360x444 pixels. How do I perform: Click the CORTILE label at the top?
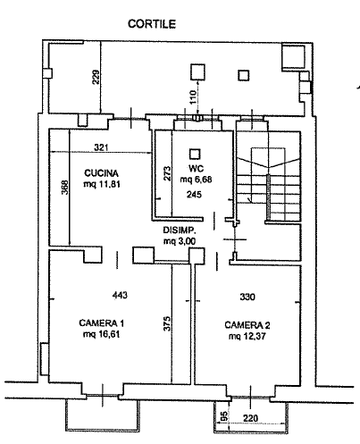pyautogui.click(x=152, y=23)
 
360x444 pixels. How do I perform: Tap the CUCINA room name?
pyautogui.click(x=101, y=173)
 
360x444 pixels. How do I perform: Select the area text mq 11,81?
pyautogui.click(x=102, y=184)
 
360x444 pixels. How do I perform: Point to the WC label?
pyautogui.click(x=196, y=169)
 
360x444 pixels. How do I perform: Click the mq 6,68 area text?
pyautogui.click(x=196, y=180)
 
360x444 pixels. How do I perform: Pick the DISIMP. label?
pyautogui.click(x=180, y=230)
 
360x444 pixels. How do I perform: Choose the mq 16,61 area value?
pyautogui.click(x=102, y=334)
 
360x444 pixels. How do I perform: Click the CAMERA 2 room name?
pyautogui.click(x=247, y=325)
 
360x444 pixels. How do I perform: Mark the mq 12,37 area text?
pyautogui.click(x=247, y=336)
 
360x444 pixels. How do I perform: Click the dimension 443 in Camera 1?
pyautogui.click(x=120, y=295)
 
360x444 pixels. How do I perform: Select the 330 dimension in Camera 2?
pyautogui.click(x=247, y=297)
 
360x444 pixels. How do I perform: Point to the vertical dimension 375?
pyautogui.click(x=167, y=323)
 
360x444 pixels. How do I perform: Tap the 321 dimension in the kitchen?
pyautogui.click(x=101, y=147)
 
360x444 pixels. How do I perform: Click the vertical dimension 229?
pyautogui.click(x=96, y=77)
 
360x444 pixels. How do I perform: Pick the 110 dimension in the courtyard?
pyautogui.click(x=193, y=97)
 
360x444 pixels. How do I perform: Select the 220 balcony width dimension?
pyautogui.click(x=250, y=418)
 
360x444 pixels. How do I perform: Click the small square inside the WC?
pyautogui.click(x=195, y=154)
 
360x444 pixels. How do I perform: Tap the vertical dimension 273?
pyautogui.click(x=167, y=173)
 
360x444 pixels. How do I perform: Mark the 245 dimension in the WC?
pyautogui.click(x=194, y=195)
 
